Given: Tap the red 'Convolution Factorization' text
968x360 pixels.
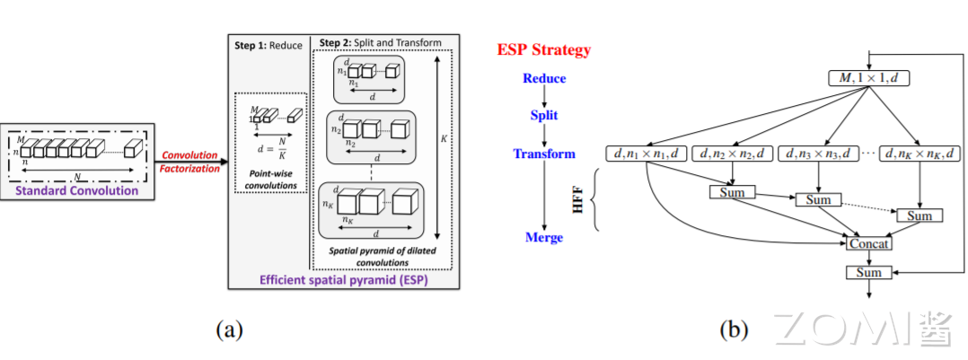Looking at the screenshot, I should (x=189, y=162).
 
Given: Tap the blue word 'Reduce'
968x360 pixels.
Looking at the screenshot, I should (x=544, y=78).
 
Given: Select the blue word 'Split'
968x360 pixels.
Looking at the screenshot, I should (x=543, y=115).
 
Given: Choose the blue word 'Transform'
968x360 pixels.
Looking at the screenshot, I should (x=544, y=154).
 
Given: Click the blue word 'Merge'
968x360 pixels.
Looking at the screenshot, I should (x=544, y=237).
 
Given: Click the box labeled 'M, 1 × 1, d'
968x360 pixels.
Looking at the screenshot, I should (x=868, y=78).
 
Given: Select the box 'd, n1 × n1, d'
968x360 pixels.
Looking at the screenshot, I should (x=647, y=154).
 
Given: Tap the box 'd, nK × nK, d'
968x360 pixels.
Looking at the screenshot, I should (x=920, y=154).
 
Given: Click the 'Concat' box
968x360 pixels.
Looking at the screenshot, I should (x=868, y=243).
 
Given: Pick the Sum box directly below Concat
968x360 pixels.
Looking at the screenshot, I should (x=868, y=272).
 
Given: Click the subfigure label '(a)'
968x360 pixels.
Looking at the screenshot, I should (x=229, y=329).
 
